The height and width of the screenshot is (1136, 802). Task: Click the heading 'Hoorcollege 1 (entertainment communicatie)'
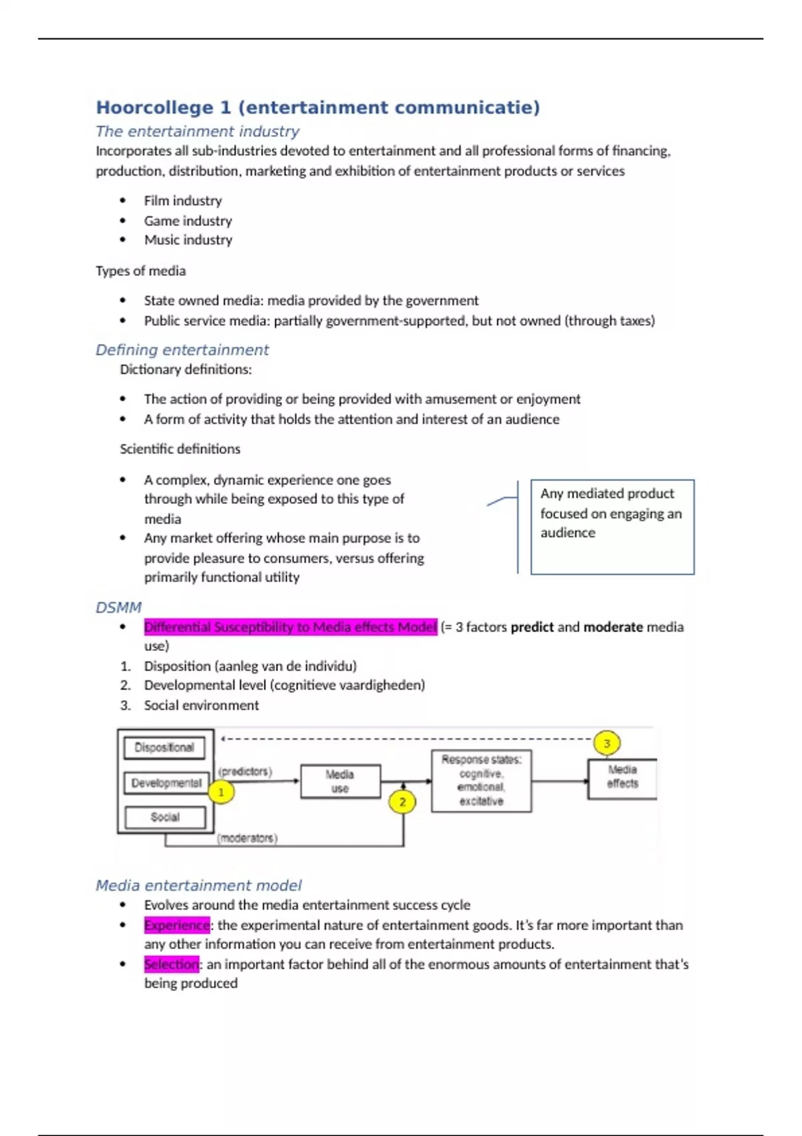317,108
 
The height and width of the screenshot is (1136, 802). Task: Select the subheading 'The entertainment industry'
197,131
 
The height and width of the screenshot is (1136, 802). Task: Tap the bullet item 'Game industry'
188,221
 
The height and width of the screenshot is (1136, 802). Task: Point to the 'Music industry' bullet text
188,240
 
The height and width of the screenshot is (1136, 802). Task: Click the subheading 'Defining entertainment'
182,349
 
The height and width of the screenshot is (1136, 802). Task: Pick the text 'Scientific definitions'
180,449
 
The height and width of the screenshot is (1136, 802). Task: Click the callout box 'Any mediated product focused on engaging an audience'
612,527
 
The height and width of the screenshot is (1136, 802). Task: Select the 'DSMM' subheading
118,607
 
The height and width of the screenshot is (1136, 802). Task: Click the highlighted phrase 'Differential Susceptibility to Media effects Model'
290,627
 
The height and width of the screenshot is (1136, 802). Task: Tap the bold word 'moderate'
613,627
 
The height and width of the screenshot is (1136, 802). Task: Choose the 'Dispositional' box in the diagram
164,748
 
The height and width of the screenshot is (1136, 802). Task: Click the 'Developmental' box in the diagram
166,783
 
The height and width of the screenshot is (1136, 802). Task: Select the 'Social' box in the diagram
165,817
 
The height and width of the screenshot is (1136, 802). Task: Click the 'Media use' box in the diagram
340,781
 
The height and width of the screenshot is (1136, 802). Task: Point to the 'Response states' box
481,780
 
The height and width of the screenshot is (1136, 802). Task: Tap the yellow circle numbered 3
607,743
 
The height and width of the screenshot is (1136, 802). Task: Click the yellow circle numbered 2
402,802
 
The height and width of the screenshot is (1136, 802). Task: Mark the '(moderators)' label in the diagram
247,838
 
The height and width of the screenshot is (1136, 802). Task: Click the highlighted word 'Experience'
177,925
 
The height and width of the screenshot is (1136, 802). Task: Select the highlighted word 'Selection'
171,964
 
